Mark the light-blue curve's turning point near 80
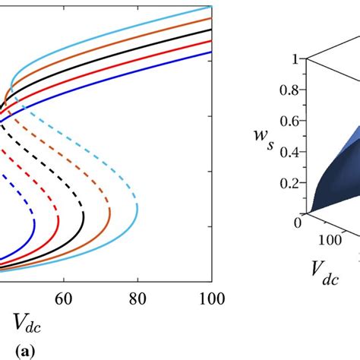coord(137,207)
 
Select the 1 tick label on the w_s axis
coord(284,58)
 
